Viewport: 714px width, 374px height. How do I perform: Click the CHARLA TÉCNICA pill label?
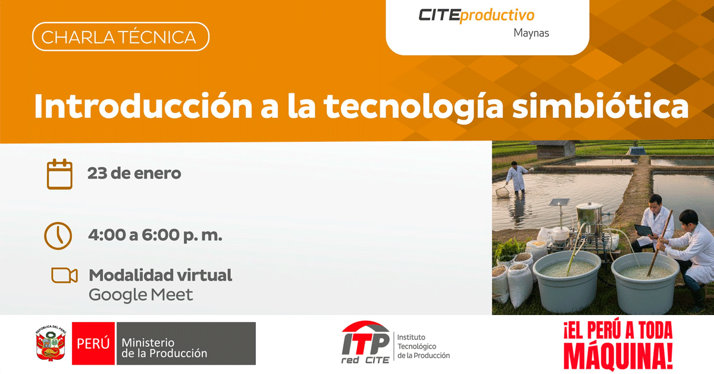click(x=120, y=37)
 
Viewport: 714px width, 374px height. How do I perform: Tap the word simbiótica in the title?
click(x=600, y=106)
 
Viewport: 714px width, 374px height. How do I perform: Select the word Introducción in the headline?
click(x=143, y=106)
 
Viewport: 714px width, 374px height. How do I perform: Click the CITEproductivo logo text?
click(x=476, y=15)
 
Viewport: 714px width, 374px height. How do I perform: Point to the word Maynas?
click(x=531, y=33)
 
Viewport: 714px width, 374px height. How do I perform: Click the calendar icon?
click(x=59, y=174)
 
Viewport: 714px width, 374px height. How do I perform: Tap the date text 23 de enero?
click(x=134, y=173)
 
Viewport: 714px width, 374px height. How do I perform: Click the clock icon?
click(x=58, y=236)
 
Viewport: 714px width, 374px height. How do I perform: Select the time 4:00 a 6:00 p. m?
click(x=155, y=235)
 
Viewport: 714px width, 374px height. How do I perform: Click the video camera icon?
click(x=64, y=275)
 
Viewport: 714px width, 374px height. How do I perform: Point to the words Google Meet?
click(x=140, y=295)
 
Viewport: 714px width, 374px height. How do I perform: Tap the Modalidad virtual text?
click(x=160, y=275)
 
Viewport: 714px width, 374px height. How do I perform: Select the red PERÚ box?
click(x=93, y=344)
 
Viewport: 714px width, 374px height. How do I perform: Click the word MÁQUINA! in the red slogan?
click(x=618, y=357)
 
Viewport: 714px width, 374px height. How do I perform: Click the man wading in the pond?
click(x=516, y=177)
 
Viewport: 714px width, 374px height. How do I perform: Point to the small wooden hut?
click(x=555, y=149)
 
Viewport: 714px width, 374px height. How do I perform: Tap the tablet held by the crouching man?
click(x=644, y=230)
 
